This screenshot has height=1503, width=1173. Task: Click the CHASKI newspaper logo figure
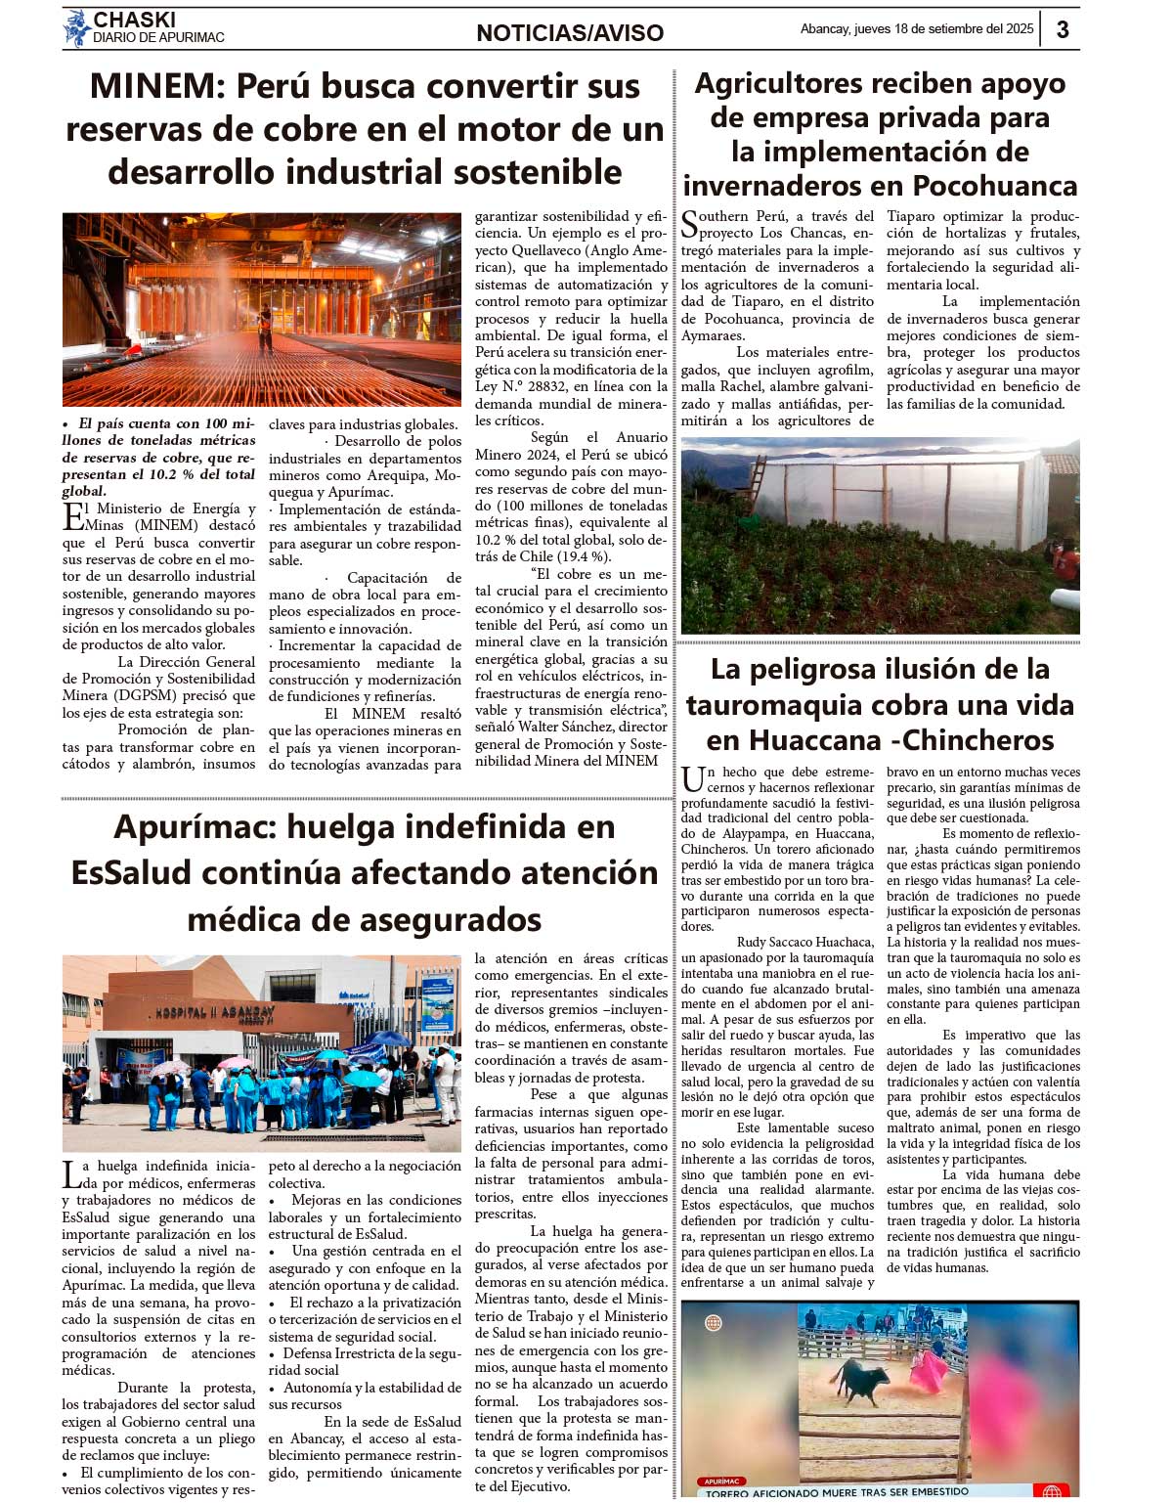click(x=76, y=28)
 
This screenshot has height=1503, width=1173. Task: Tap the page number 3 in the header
click(x=1062, y=29)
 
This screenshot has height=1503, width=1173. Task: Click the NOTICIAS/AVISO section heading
click(x=570, y=33)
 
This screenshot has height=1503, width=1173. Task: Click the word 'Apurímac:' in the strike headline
click(x=195, y=827)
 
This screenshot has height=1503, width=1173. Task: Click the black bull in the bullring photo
click(x=858, y=1381)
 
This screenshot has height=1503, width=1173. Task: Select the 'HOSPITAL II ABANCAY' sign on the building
click(x=229, y=1012)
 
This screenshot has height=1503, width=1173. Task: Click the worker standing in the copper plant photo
click(x=265, y=327)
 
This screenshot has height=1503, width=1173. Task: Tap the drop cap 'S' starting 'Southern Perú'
click(x=690, y=224)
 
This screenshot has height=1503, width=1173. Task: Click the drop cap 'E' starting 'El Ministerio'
click(x=72, y=516)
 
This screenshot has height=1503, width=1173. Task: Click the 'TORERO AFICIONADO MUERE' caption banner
click(x=837, y=1492)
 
